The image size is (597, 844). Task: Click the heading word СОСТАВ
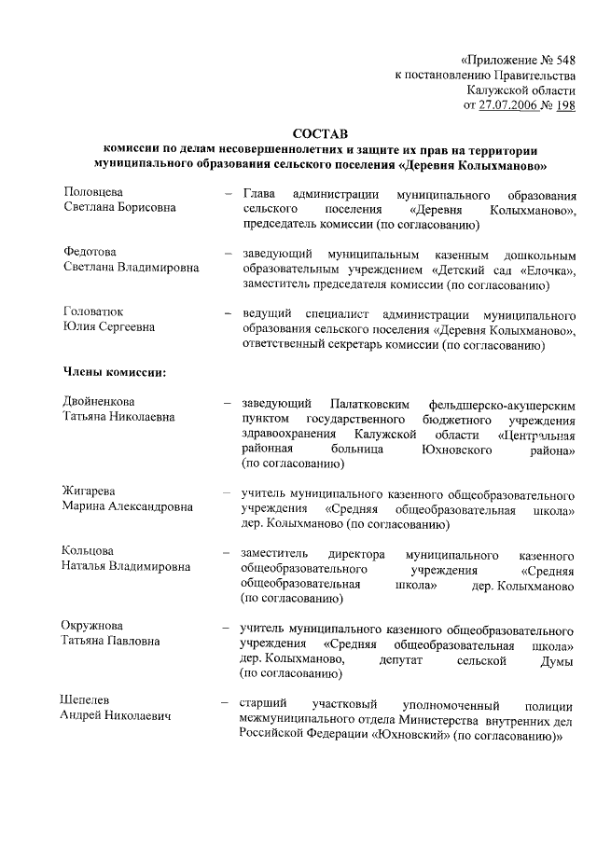point(319,134)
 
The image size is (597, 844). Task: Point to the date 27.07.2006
point(510,105)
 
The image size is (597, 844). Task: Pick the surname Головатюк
point(93,311)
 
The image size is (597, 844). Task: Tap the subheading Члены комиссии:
point(114,373)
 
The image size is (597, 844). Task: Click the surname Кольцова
point(89,551)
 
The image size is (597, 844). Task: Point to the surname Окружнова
point(93,626)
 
